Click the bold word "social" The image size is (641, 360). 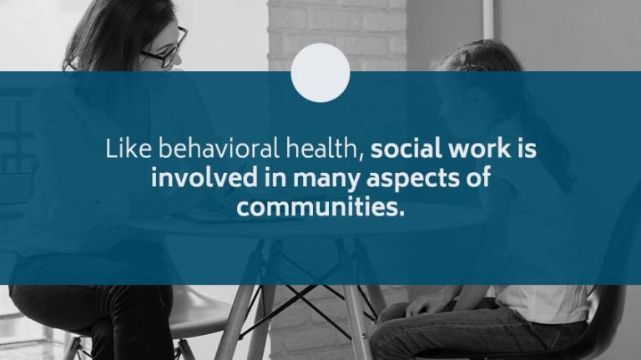tap(404, 150)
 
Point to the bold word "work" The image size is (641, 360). tap(477, 150)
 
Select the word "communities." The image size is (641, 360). tap(320, 206)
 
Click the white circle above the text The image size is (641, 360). tap(320, 73)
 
